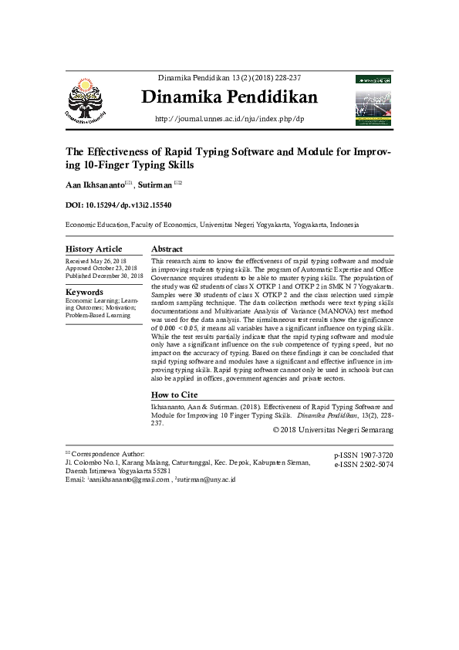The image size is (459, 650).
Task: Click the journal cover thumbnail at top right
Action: (374, 100)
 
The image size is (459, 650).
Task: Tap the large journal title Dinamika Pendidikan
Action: (229, 98)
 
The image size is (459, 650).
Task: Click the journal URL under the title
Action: (229, 119)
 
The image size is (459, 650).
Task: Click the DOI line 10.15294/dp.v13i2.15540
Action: (118, 206)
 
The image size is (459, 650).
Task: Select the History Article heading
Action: (93, 249)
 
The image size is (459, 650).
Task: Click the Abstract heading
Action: (167, 249)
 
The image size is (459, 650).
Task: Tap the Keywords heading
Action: (84, 293)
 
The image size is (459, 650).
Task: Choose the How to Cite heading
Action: (177, 394)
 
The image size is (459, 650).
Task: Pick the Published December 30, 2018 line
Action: (104, 276)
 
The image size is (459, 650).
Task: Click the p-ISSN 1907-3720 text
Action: (363, 456)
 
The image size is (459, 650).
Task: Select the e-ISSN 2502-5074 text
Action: (363, 465)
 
